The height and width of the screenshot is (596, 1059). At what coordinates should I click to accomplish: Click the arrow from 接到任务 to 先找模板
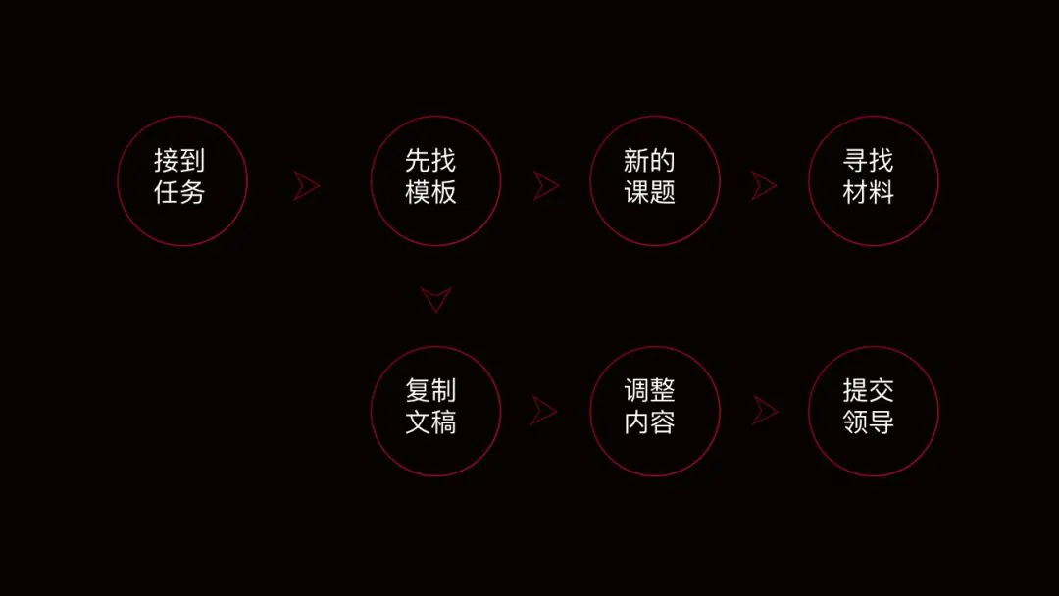click(x=307, y=186)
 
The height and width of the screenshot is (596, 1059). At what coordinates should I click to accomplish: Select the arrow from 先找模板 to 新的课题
click(x=546, y=186)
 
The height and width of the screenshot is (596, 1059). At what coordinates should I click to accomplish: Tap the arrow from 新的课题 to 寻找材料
click(x=765, y=186)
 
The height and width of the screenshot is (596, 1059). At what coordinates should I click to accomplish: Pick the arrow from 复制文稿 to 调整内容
click(x=544, y=411)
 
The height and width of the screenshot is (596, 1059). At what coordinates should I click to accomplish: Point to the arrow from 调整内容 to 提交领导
click(x=765, y=411)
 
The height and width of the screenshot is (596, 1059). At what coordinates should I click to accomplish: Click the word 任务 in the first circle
click(x=180, y=192)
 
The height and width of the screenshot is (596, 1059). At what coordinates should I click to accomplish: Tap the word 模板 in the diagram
click(x=431, y=192)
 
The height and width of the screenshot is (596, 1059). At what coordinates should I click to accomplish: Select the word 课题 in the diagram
click(x=650, y=192)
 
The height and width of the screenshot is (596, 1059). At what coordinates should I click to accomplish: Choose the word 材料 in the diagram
click(x=869, y=192)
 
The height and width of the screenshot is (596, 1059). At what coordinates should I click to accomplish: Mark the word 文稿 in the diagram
click(x=431, y=423)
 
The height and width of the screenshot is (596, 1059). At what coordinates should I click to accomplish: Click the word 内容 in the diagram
click(x=650, y=423)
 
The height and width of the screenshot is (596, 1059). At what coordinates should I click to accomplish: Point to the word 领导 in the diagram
click(x=869, y=423)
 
